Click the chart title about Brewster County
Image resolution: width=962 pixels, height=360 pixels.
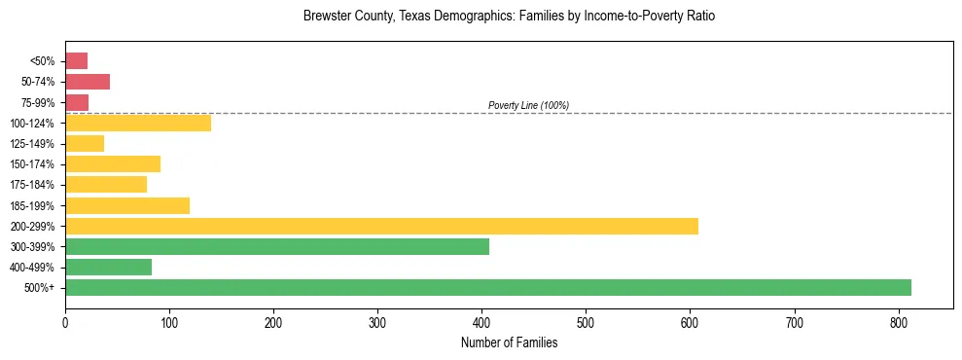pyautogui.click(x=509, y=17)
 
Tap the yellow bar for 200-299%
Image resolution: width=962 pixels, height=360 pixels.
pyautogui.click(x=381, y=227)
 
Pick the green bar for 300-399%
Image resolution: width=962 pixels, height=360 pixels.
pyautogui.click(x=277, y=247)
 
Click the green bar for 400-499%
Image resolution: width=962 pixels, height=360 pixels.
pyautogui.click(x=108, y=268)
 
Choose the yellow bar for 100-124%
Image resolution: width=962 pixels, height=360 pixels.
pyautogui.click(x=138, y=124)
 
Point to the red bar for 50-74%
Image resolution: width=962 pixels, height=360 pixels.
pyautogui.click(x=88, y=82)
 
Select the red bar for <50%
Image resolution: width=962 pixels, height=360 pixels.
pyautogui.click(x=76, y=61)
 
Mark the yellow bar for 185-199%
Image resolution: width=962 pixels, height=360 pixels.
pyautogui.click(x=127, y=205)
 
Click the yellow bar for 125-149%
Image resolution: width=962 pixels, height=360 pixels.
pyautogui.click(x=85, y=144)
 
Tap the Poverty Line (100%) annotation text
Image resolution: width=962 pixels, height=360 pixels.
pyautogui.click(x=528, y=105)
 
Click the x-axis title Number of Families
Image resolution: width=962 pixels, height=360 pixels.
pyautogui.click(x=509, y=342)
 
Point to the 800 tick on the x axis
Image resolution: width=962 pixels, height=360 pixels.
pyautogui.click(x=795, y=322)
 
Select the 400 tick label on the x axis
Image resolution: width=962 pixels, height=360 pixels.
pyautogui.click(x=482, y=322)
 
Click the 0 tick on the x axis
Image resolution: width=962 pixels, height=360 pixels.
pyautogui.click(x=65, y=322)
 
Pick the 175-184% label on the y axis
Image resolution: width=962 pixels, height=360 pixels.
pyautogui.click(x=34, y=185)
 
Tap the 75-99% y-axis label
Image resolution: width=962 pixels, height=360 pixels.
pyautogui.click(x=38, y=103)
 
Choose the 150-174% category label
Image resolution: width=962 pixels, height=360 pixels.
pyautogui.click(x=34, y=164)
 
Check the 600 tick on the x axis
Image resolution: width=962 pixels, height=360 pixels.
pyautogui.click(x=691, y=322)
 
